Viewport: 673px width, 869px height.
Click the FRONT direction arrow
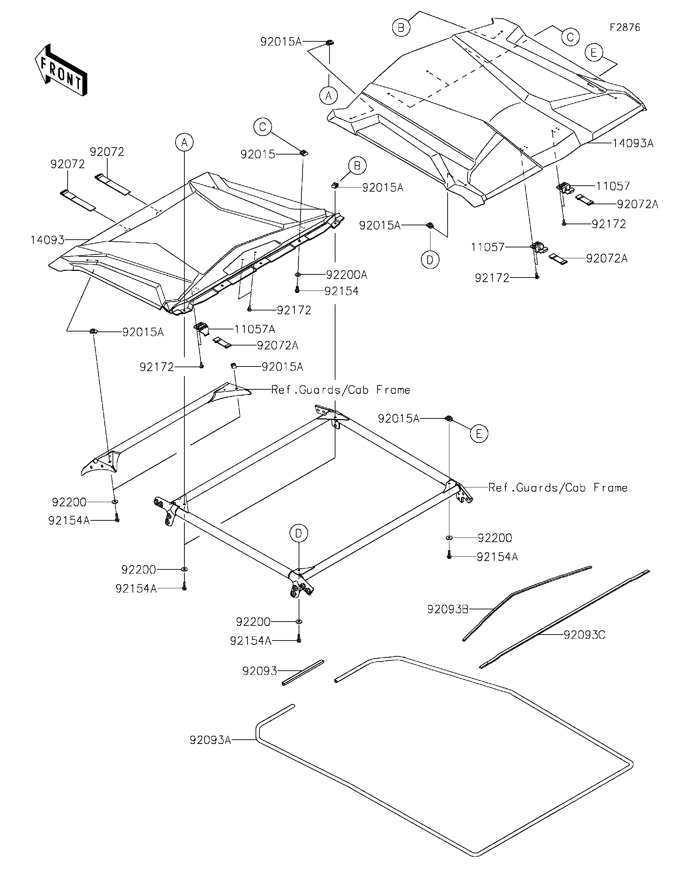(61, 70)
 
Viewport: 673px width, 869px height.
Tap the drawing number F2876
(625, 27)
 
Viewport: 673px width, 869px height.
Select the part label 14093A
(633, 144)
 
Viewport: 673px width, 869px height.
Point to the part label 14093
(47, 240)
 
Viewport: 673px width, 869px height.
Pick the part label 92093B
(448, 609)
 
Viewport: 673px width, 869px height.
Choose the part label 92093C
(584, 635)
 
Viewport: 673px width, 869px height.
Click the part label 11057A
(255, 329)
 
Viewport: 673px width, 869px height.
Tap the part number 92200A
(346, 275)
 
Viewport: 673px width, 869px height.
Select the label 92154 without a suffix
(341, 291)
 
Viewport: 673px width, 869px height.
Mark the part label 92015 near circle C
(258, 155)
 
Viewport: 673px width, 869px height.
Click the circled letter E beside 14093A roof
(594, 53)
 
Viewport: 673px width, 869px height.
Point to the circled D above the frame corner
(299, 533)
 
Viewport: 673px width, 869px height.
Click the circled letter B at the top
(401, 28)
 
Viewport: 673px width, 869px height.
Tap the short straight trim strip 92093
(303, 672)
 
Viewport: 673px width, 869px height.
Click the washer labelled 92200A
(298, 275)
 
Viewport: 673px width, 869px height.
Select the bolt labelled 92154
(297, 290)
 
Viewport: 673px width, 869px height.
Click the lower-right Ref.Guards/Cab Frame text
(558, 488)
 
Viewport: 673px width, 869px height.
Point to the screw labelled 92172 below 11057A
(202, 366)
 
